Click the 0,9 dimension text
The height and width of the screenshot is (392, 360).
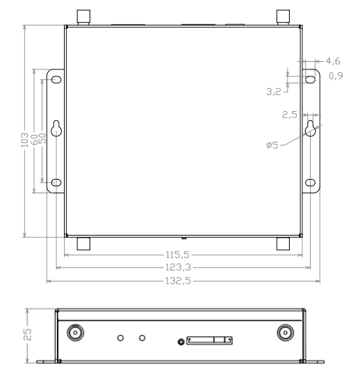pyautogui.click(x=335, y=76)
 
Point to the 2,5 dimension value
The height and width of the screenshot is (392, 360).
pyautogui.click(x=291, y=114)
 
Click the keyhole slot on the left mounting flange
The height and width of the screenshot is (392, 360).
pyautogui.click(x=56, y=129)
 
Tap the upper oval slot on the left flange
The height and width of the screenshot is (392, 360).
pyautogui.click(x=56, y=78)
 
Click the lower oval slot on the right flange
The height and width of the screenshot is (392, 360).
pyautogui.click(x=310, y=183)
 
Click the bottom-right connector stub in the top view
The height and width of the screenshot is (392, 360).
pyautogui.click(x=284, y=243)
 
